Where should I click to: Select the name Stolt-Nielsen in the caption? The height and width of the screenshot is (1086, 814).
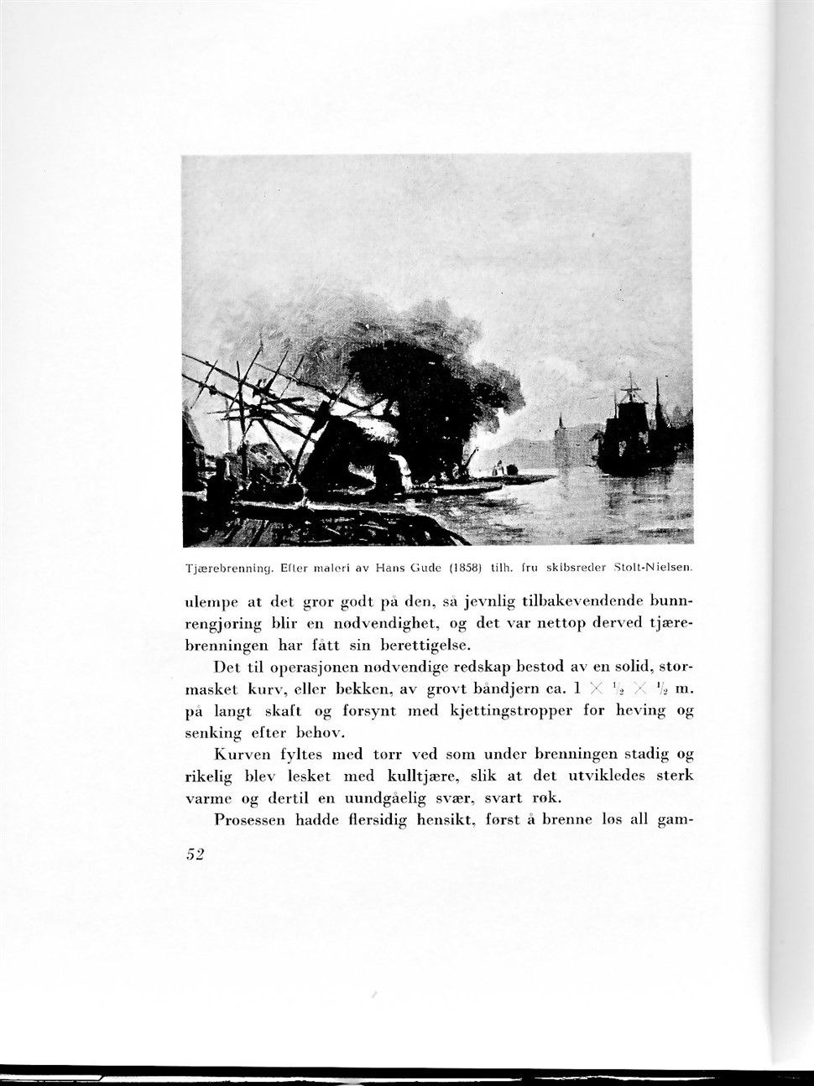point(653,567)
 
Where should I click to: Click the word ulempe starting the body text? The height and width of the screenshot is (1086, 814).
point(211,603)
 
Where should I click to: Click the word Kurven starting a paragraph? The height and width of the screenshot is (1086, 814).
point(240,754)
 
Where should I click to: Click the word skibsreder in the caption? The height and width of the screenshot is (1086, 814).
point(578,567)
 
